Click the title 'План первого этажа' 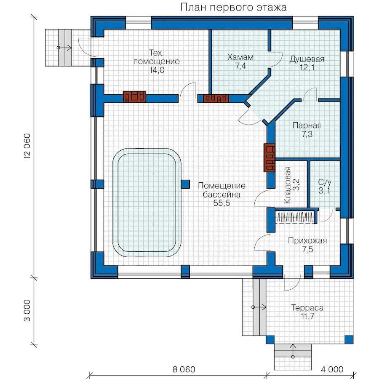click(233, 7)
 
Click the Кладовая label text click(287, 185)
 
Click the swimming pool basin click(147, 202)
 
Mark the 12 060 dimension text click(27, 146)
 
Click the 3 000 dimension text click(27, 311)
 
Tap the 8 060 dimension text click(184, 369)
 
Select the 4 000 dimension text click(332, 369)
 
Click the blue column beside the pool click(185, 184)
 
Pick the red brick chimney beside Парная click(270, 157)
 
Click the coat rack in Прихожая click(295, 217)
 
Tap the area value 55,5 click(222, 203)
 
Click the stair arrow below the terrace click(293, 351)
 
